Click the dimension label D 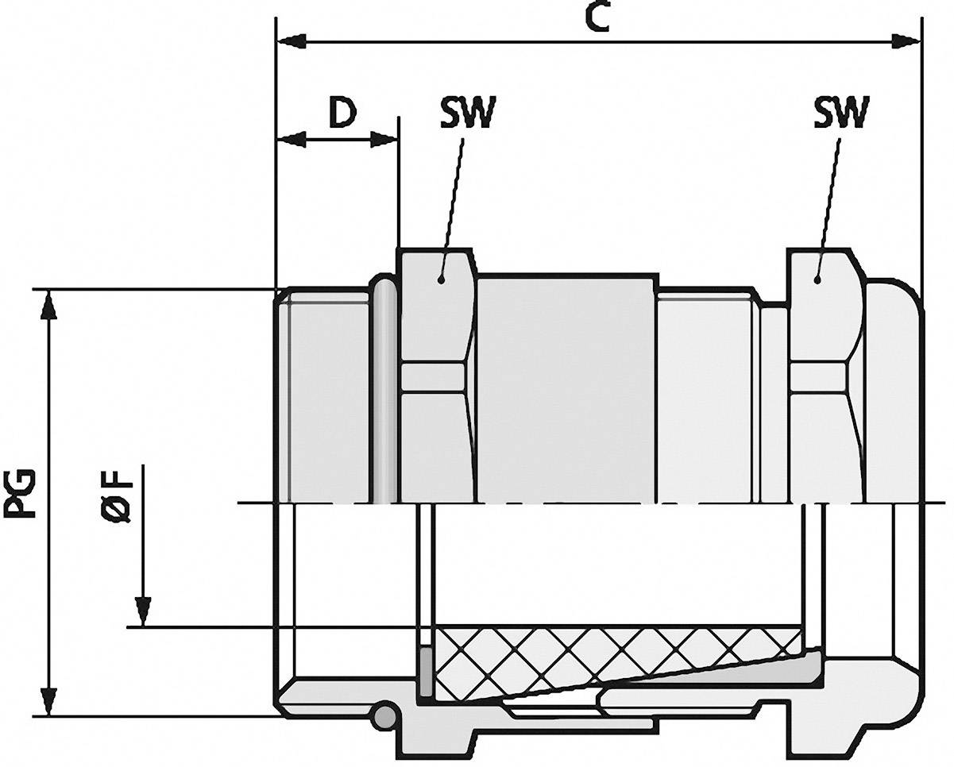point(342,114)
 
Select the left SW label point(467,114)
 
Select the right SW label point(841,114)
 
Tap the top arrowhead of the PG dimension point(49,304)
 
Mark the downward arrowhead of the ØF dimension point(143,611)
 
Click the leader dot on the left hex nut point(440,279)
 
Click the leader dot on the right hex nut point(816,279)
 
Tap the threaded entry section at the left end point(326,397)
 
